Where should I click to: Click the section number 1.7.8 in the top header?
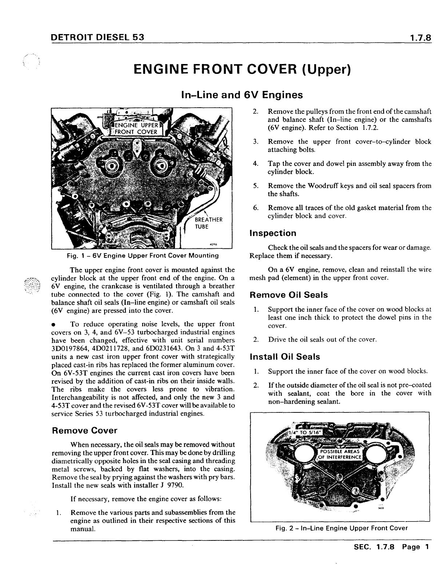420,37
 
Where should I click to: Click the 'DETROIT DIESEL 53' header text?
98,37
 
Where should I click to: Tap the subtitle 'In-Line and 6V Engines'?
242,95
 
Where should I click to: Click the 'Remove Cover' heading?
85,431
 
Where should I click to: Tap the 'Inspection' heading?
273,233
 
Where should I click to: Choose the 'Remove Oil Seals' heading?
289,295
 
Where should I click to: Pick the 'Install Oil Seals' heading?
285,357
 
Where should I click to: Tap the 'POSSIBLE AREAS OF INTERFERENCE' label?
340,454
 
